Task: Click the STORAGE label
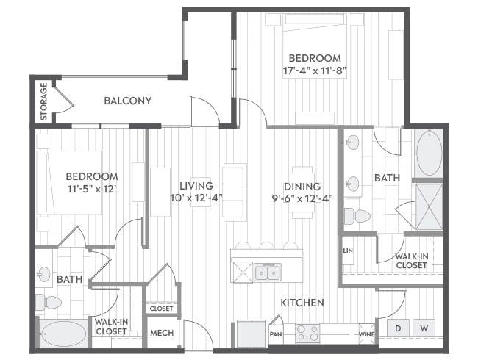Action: tap(44, 101)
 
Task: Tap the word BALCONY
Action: tap(128, 101)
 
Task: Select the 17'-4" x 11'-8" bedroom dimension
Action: tap(315, 71)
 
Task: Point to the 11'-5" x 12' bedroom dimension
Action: tap(93, 189)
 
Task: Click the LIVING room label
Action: tap(196, 185)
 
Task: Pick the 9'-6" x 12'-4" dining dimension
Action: tap(302, 198)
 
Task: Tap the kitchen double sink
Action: tap(268, 272)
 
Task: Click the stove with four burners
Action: tap(307, 333)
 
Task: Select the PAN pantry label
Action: tap(276, 334)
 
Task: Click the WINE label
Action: tap(367, 334)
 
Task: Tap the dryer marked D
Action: tap(398, 328)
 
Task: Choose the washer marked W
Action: tap(424, 328)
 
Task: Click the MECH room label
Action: tap(162, 333)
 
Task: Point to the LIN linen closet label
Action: tap(348, 251)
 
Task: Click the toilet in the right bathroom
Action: tap(357, 216)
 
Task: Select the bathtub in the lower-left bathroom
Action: tap(64, 334)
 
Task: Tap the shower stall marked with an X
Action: tap(429, 206)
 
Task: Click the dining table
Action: tap(302, 192)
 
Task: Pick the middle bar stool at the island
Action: tap(267, 246)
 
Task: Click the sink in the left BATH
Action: tap(44, 274)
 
